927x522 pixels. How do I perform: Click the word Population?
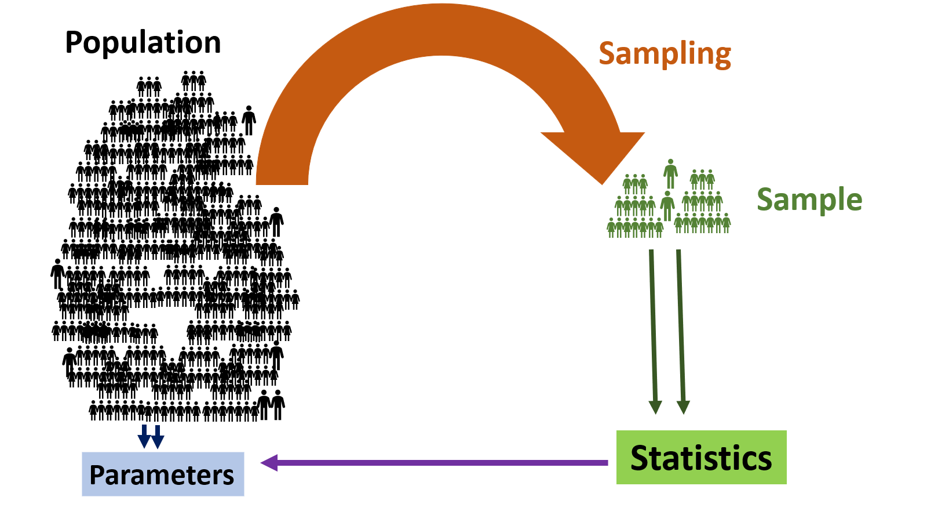[x=143, y=43]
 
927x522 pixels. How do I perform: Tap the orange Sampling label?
[x=665, y=55]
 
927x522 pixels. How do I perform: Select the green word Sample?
[x=809, y=200]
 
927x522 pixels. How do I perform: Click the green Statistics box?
[x=701, y=457]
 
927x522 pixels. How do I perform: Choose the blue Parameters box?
[x=163, y=474]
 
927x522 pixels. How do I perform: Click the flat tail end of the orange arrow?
[x=282, y=180]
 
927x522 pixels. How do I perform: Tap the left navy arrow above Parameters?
[x=144, y=436]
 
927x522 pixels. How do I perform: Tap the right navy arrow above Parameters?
[x=157, y=436]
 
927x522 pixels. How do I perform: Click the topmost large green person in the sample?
[x=670, y=172]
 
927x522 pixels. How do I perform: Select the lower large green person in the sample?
[x=667, y=205]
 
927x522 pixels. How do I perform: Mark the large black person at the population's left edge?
[x=57, y=273]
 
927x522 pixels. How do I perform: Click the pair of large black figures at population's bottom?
[x=271, y=404]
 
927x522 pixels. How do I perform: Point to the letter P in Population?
[x=74, y=43]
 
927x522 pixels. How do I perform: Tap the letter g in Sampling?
[x=721, y=57]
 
